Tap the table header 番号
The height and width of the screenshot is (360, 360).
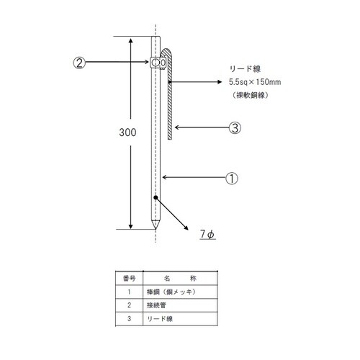(x=128, y=278)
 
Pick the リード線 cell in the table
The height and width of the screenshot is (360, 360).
(x=160, y=318)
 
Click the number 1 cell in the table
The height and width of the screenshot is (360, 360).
(x=128, y=292)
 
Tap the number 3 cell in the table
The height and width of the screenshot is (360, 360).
(x=128, y=318)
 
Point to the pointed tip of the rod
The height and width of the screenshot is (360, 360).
(x=156, y=225)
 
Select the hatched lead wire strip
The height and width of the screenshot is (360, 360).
(x=168, y=101)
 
